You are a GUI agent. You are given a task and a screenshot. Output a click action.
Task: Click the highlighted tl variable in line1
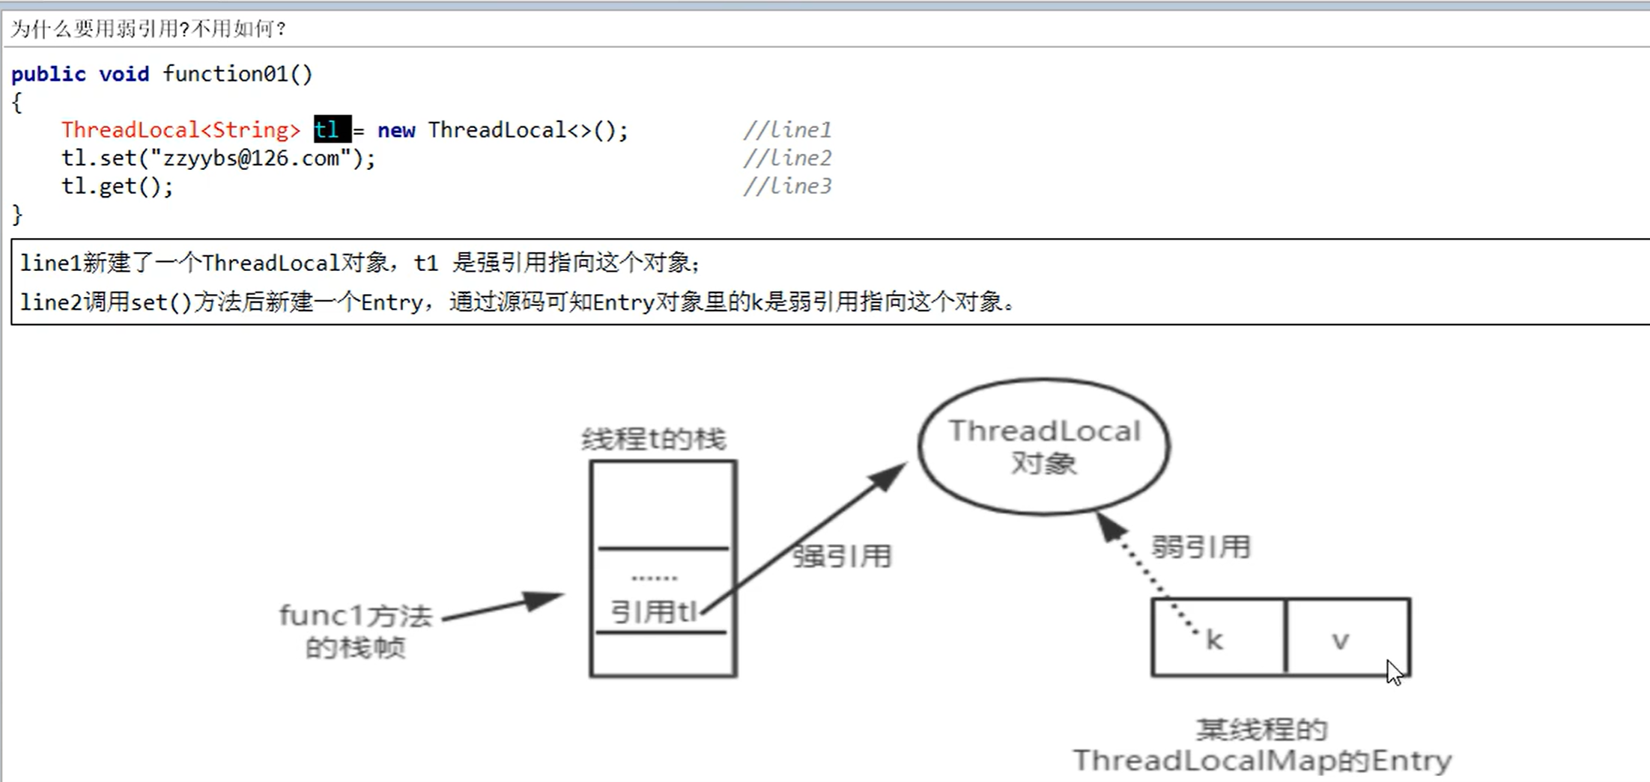pyautogui.click(x=331, y=129)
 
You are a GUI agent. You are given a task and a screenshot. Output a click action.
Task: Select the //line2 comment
pyautogui.click(x=786, y=158)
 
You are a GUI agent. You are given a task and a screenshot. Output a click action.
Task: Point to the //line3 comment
pyautogui.click(x=786, y=186)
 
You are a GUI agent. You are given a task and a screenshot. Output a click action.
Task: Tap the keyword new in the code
pyautogui.click(x=396, y=130)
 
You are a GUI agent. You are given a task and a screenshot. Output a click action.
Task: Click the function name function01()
pyautogui.click(x=237, y=74)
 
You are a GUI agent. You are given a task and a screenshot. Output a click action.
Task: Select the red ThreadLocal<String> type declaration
pyautogui.click(x=181, y=130)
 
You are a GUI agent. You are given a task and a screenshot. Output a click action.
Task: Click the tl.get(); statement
pyautogui.click(x=117, y=186)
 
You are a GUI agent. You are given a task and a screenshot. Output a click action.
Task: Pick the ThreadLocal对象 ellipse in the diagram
pyautogui.click(x=1044, y=447)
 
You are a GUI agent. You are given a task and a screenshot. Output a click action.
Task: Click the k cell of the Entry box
pyautogui.click(x=1217, y=638)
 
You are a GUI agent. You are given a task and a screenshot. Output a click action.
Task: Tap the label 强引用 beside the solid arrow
pyautogui.click(x=842, y=556)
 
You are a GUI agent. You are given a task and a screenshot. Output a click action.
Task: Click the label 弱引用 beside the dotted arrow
pyautogui.click(x=1201, y=547)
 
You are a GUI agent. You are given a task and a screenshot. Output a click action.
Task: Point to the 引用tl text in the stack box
pyautogui.click(x=654, y=612)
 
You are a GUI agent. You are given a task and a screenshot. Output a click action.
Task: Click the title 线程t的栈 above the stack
pyautogui.click(x=654, y=439)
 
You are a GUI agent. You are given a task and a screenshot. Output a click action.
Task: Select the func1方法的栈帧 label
pyautogui.click(x=356, y=631)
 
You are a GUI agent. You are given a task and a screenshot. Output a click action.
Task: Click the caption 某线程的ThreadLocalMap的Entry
pyautogui.click(x=1262, y=745)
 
